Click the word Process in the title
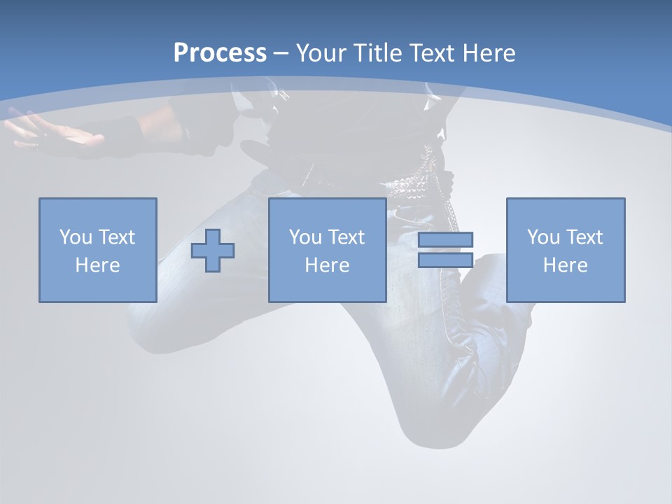coord(220,53)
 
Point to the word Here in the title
coord(489,53)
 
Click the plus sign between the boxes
coord(213,251)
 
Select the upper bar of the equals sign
coord(445,239)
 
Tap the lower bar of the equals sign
coord(445,260)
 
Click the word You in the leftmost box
coord(76,237)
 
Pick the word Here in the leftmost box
coord(97,265)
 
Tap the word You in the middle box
coord(305,237)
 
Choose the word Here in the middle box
coord(327,265)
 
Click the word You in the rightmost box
coord(543,237)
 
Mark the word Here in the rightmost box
coord(565,265)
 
